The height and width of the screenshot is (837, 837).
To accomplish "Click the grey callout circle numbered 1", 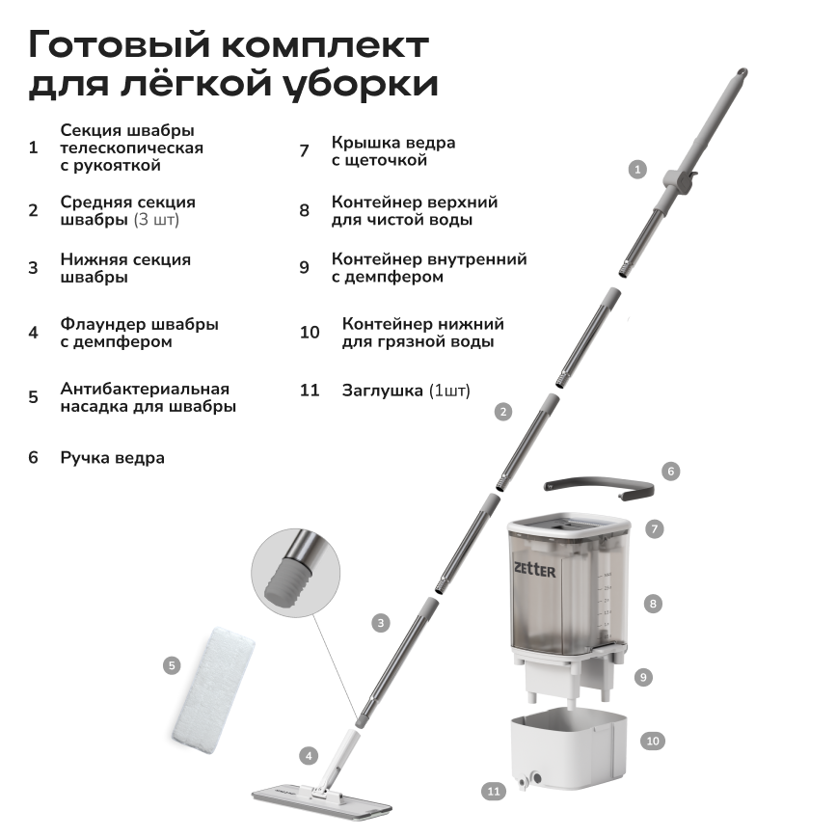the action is pyautogui.click(x=637, y=170).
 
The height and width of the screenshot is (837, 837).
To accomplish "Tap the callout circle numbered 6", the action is pyautogui.click(x=671, y=472).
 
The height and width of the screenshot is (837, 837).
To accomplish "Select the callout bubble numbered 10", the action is pyautogui.click(x=653, y=741).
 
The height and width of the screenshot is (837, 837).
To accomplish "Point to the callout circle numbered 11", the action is pyautogui.click(x=494, y=791).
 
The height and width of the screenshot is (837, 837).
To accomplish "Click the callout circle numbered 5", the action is pyautogui.click(x=172, y=665).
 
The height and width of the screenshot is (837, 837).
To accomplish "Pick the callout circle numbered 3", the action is pyautogui.click(x=381, y=623).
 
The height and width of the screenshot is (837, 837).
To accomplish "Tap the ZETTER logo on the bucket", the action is pyautogui.click(x=534, y=570).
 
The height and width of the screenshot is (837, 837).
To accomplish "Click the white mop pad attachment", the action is pyautogui.click(x=213, y=690).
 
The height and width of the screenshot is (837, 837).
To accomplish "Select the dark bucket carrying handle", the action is pyautogui.click(x=599, y=487).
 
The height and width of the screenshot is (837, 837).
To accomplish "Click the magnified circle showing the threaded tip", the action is pyautogui.click(x=296, y=574).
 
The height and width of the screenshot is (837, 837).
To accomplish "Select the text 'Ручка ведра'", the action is pyautogui.click(x=112, y=458).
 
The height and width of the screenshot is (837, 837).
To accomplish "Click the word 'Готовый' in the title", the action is pyautogui.click(x=119, y=44).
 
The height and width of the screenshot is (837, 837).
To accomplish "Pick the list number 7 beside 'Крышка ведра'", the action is pyautogui.click(x=305, y=151).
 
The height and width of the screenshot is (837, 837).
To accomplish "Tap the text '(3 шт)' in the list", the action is pyautogui.click(x=156, y=220).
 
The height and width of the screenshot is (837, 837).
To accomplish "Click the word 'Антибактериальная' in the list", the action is pyautogui.click(x=145, y=389).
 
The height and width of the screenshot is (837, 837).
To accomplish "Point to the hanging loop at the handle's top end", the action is pyautogui.click(x=742, y=72).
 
